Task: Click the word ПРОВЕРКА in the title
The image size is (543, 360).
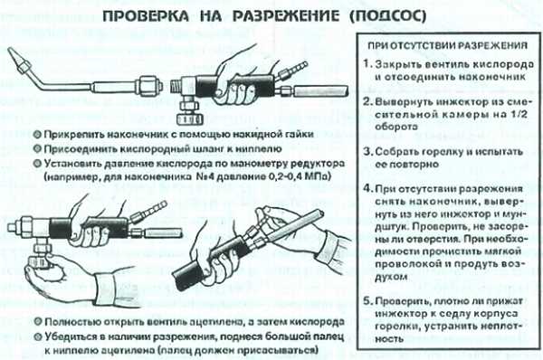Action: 146,16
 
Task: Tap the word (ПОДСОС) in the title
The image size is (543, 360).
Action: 387,16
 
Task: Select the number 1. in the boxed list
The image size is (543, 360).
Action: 367,64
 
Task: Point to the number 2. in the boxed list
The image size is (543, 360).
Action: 367,102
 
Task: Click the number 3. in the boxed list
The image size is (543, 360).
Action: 367,152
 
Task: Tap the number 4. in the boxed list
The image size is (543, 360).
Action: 367,189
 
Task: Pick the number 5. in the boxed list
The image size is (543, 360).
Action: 367,301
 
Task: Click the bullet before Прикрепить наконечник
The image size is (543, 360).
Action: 37,134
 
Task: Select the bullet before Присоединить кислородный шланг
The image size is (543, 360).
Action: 37,149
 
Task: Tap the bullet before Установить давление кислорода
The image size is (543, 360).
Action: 37,164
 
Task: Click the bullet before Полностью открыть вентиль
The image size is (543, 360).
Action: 38,322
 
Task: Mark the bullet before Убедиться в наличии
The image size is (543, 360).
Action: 38,336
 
